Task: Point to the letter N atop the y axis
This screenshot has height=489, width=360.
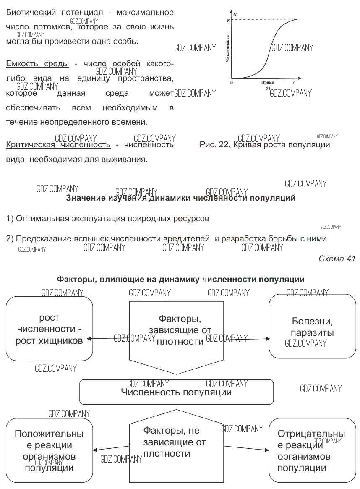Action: [x=235, y=14]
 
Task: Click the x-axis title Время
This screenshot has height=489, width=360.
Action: [x=267, y=83]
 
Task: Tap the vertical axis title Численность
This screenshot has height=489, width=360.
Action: [x=227, y=49]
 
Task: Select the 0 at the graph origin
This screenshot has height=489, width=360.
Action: [x=231, y=83]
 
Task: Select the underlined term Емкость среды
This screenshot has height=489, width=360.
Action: [x=37, y=64]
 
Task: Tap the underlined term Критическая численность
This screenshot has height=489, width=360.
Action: [x=58, y=145]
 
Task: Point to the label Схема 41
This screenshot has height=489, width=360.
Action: [x=337, y=259]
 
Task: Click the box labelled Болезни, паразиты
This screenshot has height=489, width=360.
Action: [x=312, y=326]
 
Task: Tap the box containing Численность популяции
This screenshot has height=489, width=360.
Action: [x=176, y=392]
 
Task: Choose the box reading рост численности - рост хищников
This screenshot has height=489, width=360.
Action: [x=49, y=329]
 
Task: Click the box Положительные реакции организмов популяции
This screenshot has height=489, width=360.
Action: [x=49, y=450]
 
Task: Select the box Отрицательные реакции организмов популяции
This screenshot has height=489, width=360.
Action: [x=312, y=450]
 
